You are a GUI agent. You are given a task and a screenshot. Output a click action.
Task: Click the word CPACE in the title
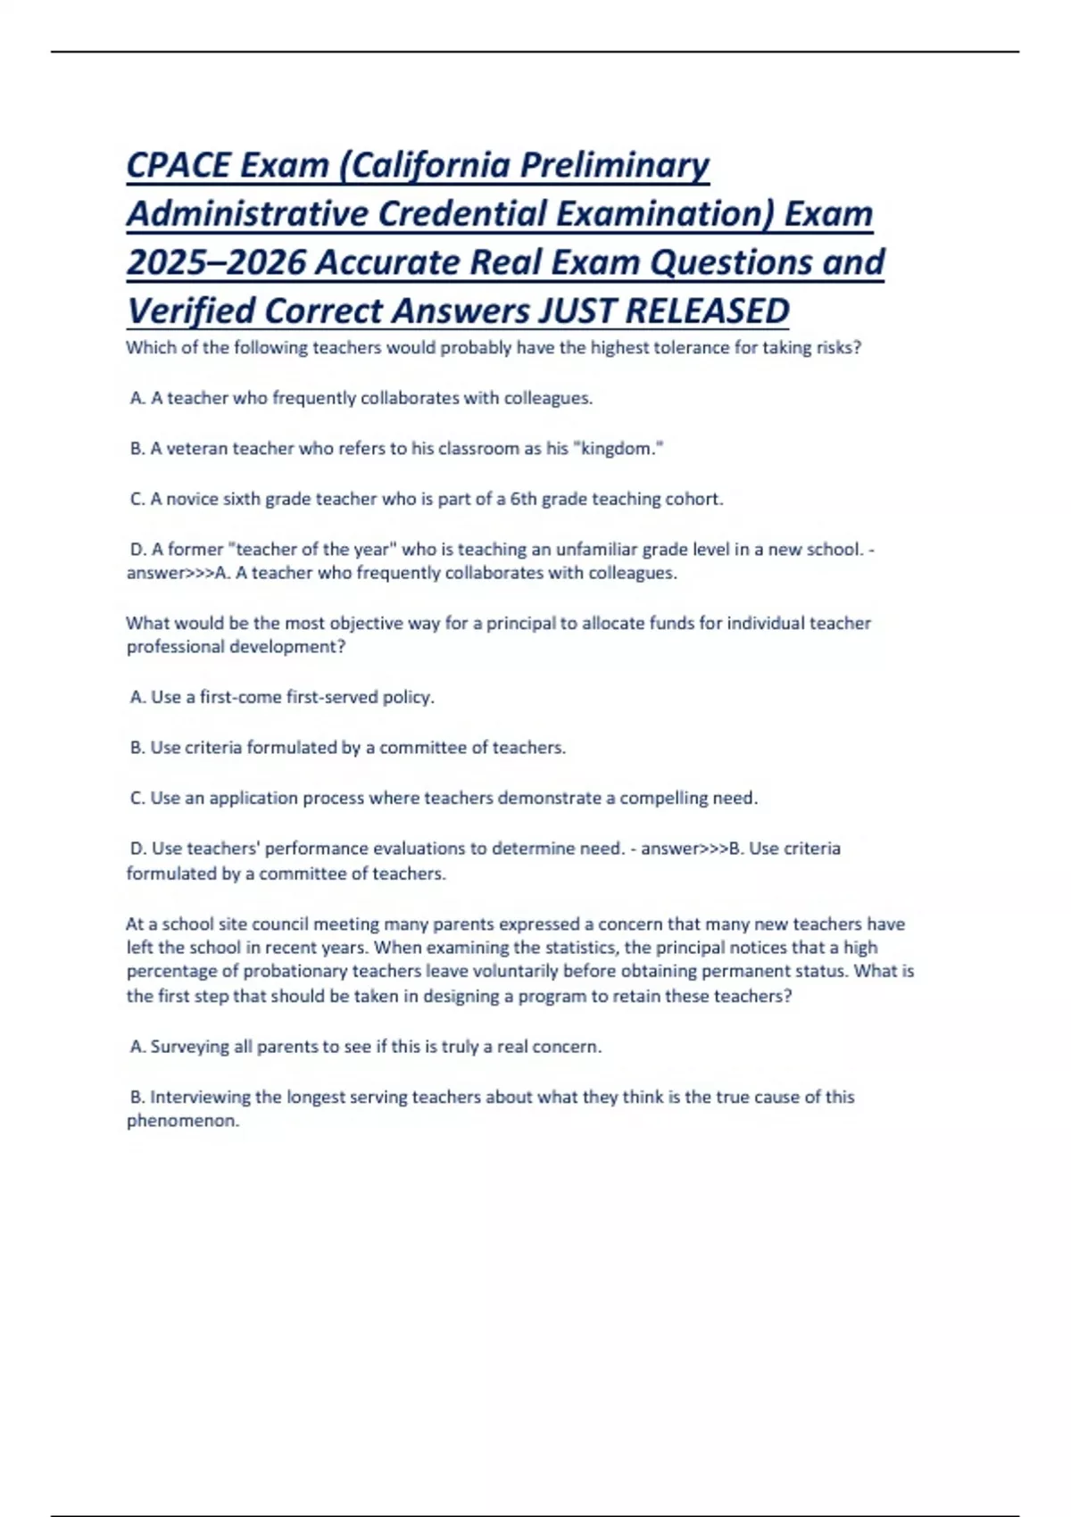click(178, 165)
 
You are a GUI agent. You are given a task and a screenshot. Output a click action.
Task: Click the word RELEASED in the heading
click(707, 311)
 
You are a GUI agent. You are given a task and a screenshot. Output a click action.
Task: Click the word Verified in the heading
click(190, 311)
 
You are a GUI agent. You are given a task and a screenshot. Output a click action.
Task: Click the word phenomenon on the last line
click(182, 1121)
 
